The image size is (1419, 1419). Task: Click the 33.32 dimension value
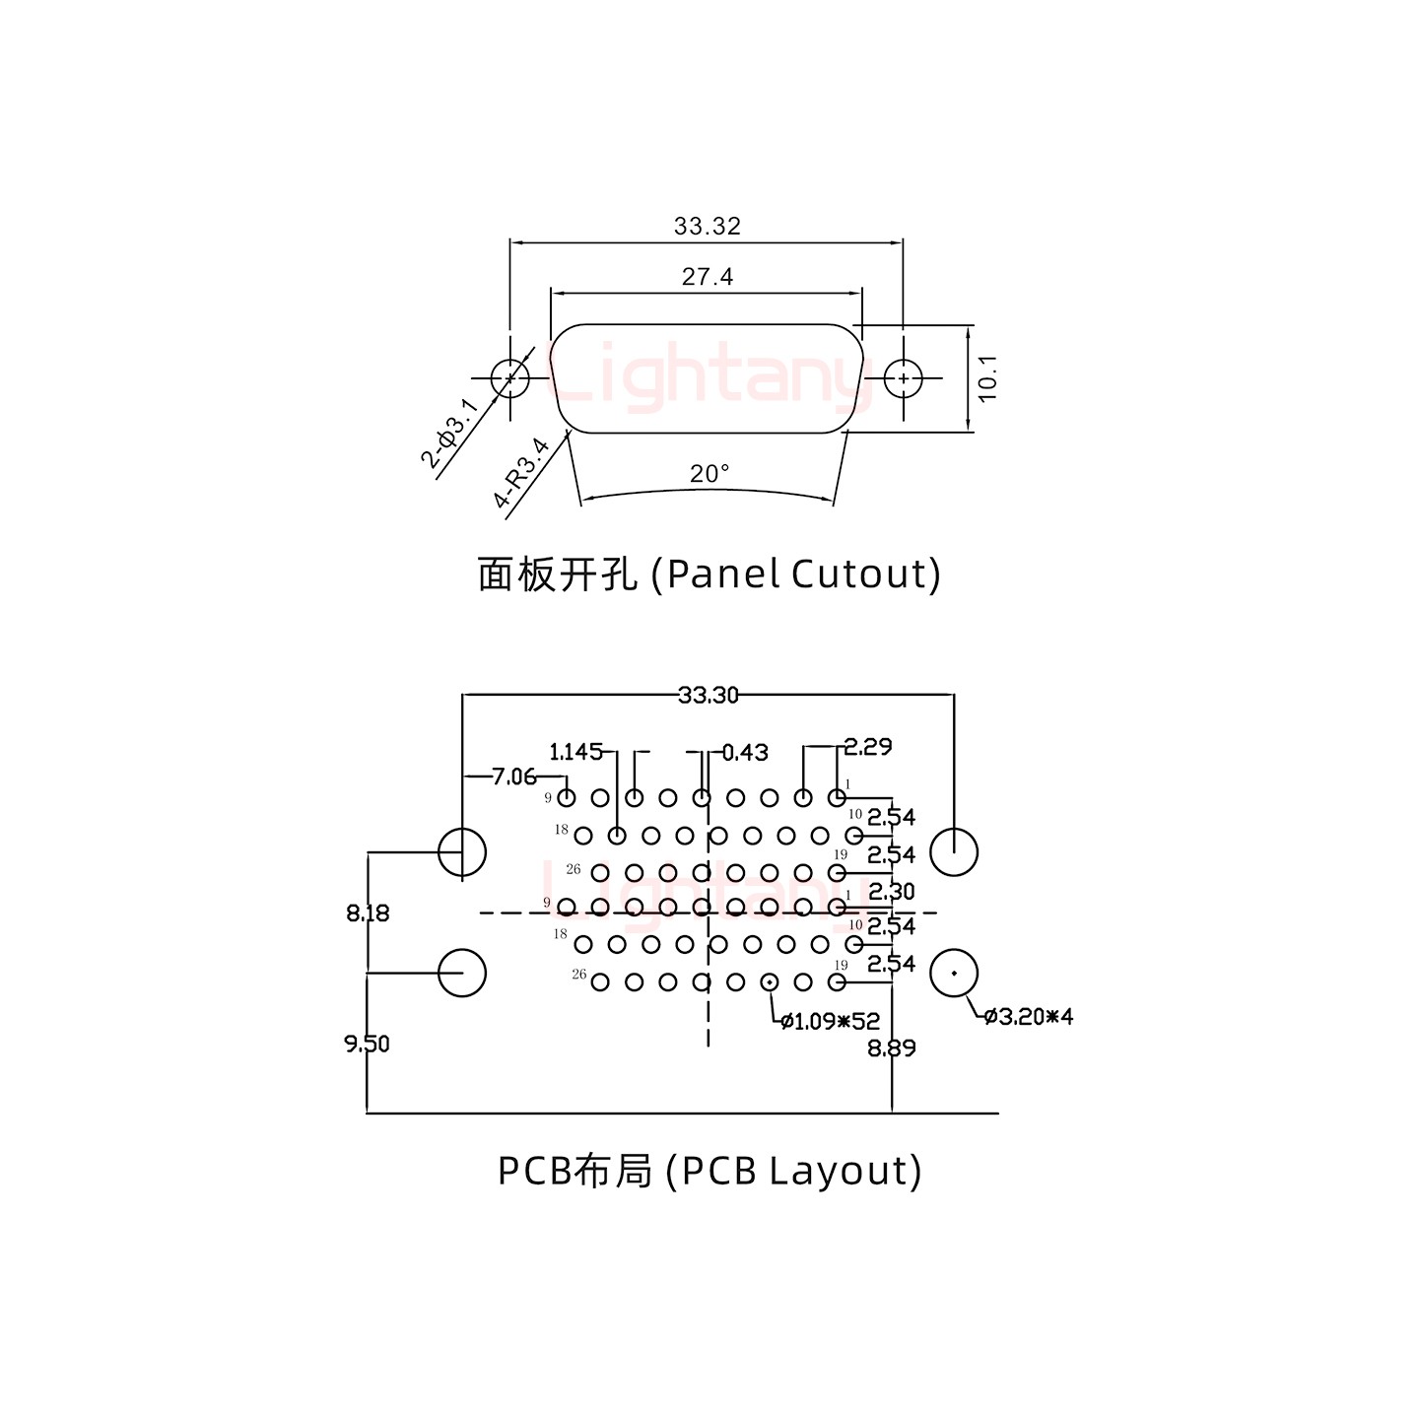pos(707,227)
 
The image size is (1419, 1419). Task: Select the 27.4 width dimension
pos(708,277)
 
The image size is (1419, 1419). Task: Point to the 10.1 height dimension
pos(988,377)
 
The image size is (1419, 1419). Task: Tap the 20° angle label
pos(709,474)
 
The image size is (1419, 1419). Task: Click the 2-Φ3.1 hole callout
pos(450,433)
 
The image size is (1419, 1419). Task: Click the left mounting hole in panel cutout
pos(509,377)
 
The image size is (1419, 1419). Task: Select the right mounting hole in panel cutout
pos(903,377)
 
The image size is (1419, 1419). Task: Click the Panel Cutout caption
pos(709,574)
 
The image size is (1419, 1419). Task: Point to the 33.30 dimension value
pos(709,696)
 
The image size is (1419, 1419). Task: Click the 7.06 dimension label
pos(513,777)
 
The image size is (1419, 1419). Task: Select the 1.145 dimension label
pos(575,753)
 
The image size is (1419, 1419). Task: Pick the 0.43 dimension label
pos(745,753)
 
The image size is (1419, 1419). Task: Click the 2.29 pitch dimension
pos(868,747)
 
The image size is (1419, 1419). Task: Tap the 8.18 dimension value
pos(368,913)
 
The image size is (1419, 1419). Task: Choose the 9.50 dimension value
pos(367,1044)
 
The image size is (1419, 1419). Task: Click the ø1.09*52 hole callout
pos(830,1022)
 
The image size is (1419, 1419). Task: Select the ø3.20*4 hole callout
pos(1029,1016)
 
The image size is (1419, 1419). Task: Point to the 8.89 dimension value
pos(892,1048)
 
